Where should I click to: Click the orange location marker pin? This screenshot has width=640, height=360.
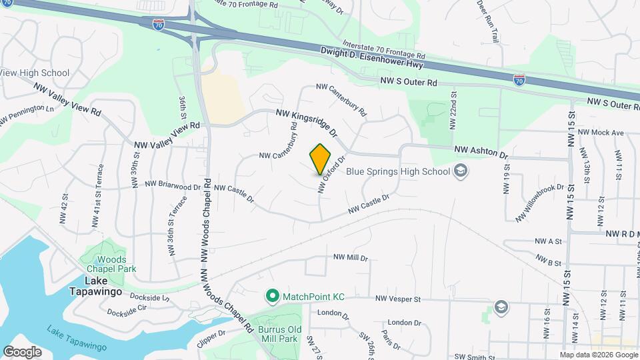pos(321,159)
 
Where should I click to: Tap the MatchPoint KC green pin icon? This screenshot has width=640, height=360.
pos(272,295)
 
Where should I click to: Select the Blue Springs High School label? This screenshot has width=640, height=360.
pos(398,172)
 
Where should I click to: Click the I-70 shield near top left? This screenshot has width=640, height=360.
pos(158,25)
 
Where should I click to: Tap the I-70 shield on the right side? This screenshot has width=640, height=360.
pos(520,80)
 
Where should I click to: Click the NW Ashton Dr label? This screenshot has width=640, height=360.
pos(481,151)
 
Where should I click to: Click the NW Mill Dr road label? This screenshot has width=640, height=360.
pos(351,257)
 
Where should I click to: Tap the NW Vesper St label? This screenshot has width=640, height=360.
pos(399,299)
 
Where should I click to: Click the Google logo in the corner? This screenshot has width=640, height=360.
pos(22,352)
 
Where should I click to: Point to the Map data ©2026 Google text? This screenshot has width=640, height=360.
pos(598,355)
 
